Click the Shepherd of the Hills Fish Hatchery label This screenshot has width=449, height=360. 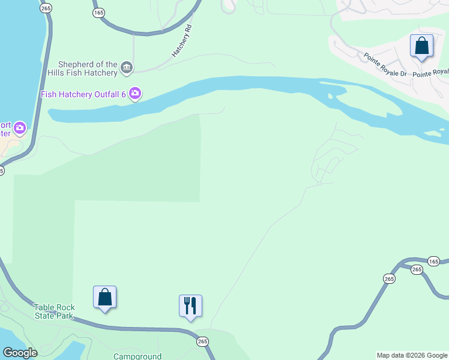(88, 69)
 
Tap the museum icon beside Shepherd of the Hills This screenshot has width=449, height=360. (127, 68)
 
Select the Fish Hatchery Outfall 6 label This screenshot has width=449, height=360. (83, 94)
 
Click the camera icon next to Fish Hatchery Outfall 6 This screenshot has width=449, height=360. (135, 94)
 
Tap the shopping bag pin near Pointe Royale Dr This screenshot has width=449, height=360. (421, 46)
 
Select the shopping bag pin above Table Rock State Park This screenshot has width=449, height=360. (105, 297)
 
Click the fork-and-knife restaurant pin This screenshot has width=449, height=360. (190, 306)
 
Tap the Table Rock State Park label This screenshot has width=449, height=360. (53, 311)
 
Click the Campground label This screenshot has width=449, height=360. (137, 356)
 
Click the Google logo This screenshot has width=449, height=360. (19, 353)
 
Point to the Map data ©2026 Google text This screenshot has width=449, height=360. (412, 356)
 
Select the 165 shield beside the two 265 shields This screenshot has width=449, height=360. (434, 261)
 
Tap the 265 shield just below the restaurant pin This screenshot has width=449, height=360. (202, 341)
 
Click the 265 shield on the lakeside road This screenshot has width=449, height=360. (45, 7)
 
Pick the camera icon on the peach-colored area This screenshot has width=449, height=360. (20, 127)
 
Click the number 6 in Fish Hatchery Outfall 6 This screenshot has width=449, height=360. (123, 94)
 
